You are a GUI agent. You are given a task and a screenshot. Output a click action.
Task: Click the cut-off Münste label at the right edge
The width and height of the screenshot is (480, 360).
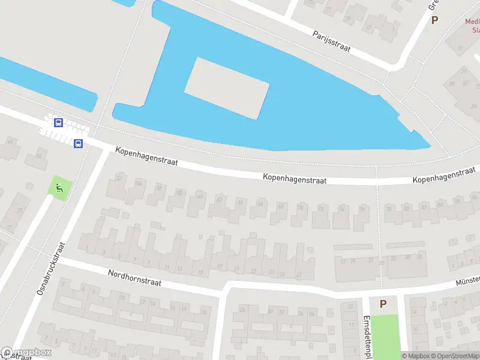point(468,281)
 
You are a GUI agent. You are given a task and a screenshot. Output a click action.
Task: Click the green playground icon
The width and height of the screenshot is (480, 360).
point(59,188)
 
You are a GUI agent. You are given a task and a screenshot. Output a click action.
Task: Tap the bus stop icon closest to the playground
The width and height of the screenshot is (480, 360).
point(78,143)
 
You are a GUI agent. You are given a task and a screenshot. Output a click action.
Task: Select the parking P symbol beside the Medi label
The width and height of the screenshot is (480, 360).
point(434,20)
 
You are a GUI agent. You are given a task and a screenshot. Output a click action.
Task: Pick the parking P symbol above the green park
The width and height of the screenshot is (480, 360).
point(383,304)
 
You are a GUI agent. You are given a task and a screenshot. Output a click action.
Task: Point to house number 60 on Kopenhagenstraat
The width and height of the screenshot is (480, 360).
point(200,196)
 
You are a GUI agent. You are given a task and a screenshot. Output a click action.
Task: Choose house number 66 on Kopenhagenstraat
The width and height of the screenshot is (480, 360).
point(260,204)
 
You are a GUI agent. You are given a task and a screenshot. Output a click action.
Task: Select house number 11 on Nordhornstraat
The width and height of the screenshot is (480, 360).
point(167,267)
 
